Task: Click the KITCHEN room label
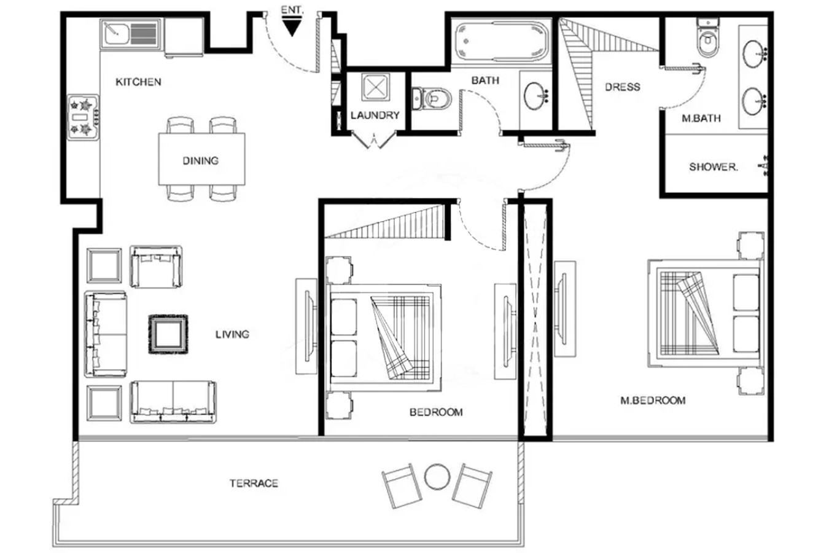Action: click(138, 82)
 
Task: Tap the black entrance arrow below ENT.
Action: click(292, 28)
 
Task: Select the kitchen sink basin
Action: click(116, 34)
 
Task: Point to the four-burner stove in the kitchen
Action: click(84, 117)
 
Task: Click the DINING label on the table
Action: click(201, 161)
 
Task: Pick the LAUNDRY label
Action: click(375, 115)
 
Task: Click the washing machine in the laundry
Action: click(376, 87)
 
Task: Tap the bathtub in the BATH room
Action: click(501, 42)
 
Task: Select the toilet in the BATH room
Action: click(432, 99)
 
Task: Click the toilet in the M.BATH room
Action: click(709, 37)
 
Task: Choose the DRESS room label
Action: click(623, 87)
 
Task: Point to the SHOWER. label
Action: click(714, 167)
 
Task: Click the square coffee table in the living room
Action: click(168, 334)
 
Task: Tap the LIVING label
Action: click(232, 334)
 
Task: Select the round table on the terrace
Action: click(437, 477)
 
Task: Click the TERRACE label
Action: click(254, 484)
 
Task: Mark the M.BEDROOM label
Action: click(653, 401)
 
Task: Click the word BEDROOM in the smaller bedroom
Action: click(436, 412)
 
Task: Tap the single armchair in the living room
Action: click(156, 267)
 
